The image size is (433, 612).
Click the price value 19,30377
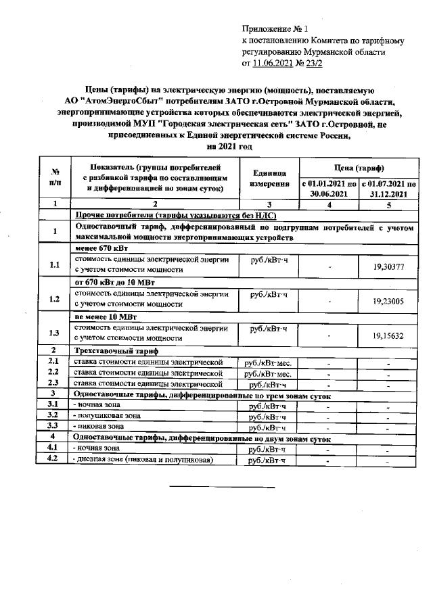pyautogui.click(x=388, y=267)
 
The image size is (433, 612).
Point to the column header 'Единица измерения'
pyautogui.click(x=269, y=179)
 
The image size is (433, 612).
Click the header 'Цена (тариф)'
pyautogui.click(x=357, y=167)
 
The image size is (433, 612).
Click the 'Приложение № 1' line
pyautogui.click(x=274, y=29)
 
